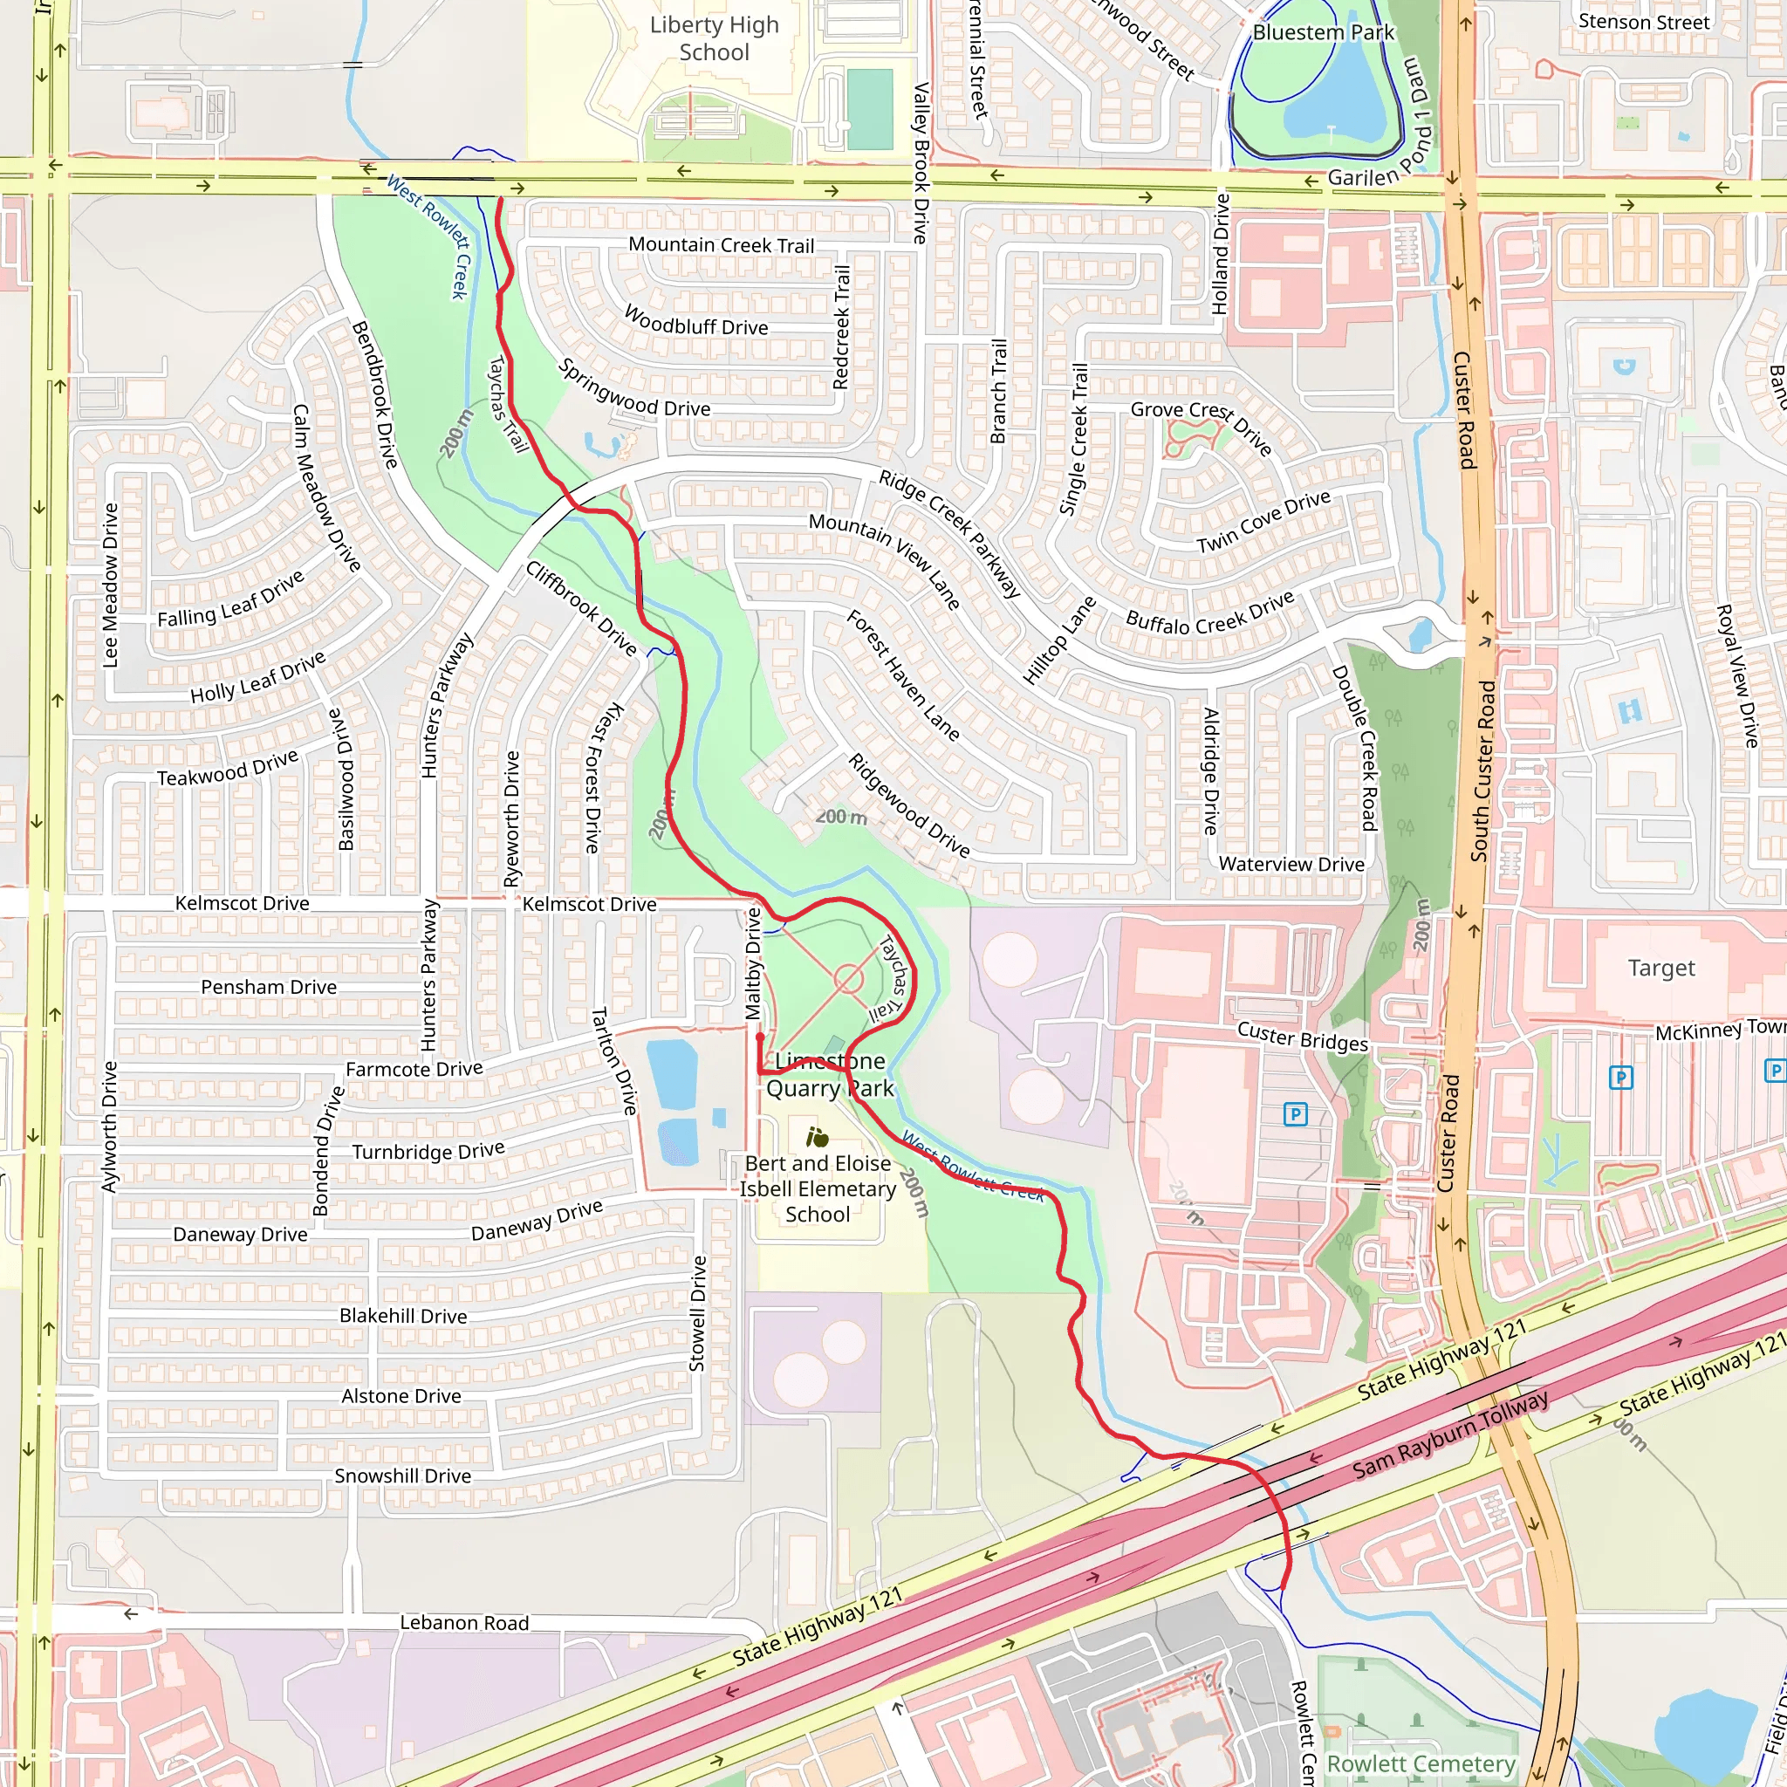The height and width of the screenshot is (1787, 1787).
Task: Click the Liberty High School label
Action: point(714,39)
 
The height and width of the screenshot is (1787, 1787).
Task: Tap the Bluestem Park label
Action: point(1323,32)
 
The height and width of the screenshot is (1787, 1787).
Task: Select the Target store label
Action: point(1661,969)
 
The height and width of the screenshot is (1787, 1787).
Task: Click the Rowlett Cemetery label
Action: point(1421,1763)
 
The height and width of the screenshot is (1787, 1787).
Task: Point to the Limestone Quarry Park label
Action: point(830,1075)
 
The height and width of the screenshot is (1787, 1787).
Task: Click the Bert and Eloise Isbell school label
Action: point(818,1188)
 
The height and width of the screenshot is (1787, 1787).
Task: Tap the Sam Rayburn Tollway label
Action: point(1449,1434)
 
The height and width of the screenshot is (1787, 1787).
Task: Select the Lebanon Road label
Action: point(464,1623)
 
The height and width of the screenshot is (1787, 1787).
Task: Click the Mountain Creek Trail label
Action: point(722,245)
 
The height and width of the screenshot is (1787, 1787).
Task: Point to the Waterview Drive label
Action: point(1291,864)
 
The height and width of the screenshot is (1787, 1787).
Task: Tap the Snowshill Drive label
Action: point(402,1476)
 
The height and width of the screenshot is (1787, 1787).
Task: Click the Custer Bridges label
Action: point(1303,1037)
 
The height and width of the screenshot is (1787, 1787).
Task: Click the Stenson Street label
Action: point(1644,21)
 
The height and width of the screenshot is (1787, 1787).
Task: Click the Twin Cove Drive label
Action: point(1263,522)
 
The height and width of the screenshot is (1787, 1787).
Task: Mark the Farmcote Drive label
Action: point(414,1069)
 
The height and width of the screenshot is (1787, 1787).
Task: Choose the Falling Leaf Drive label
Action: point(230,600)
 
